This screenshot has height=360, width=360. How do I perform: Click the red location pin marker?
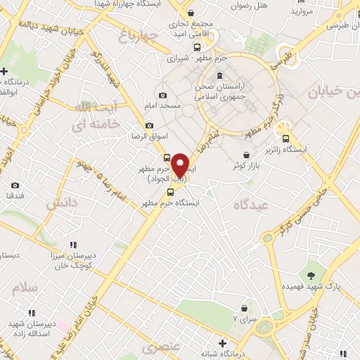click(x=181, y=165)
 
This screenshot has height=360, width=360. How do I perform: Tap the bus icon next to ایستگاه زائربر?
click(x=285, y=139)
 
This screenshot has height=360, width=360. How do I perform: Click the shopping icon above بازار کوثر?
click(x=245, y=155)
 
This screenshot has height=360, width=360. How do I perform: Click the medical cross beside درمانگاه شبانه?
click(x=223, y=344)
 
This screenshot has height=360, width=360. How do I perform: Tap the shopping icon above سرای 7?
click(x=244, y=307)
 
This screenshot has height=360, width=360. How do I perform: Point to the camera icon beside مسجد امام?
click(x=163, y=96)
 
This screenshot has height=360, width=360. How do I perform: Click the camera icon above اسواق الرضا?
click(x=149, y=125)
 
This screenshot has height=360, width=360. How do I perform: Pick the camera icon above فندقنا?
click(x=15, y=186)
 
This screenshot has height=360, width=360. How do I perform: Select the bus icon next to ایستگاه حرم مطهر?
click(x=170, y=192)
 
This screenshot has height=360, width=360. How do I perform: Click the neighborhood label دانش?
click(x=63, y=204)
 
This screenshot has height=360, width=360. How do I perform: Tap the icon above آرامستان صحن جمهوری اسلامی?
click(x=221, y=76)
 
